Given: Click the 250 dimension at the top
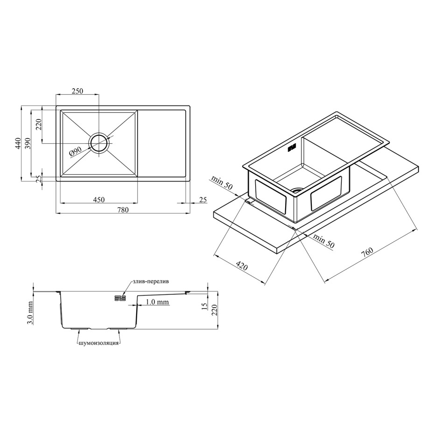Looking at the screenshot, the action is click(x=77, y=91).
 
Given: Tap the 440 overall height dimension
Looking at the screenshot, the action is click(x=18, y=143).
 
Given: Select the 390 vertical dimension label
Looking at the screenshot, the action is click(x=28, y=143).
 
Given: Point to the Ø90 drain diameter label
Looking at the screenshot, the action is click(x=75, y=151).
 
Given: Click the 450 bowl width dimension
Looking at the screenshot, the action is click(x=99, y=199).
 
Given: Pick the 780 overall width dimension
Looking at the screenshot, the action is click(x=123, y=210).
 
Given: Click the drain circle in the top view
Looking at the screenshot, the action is click(x=98, y=143).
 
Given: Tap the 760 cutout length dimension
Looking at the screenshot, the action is click(x=367, y=251).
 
